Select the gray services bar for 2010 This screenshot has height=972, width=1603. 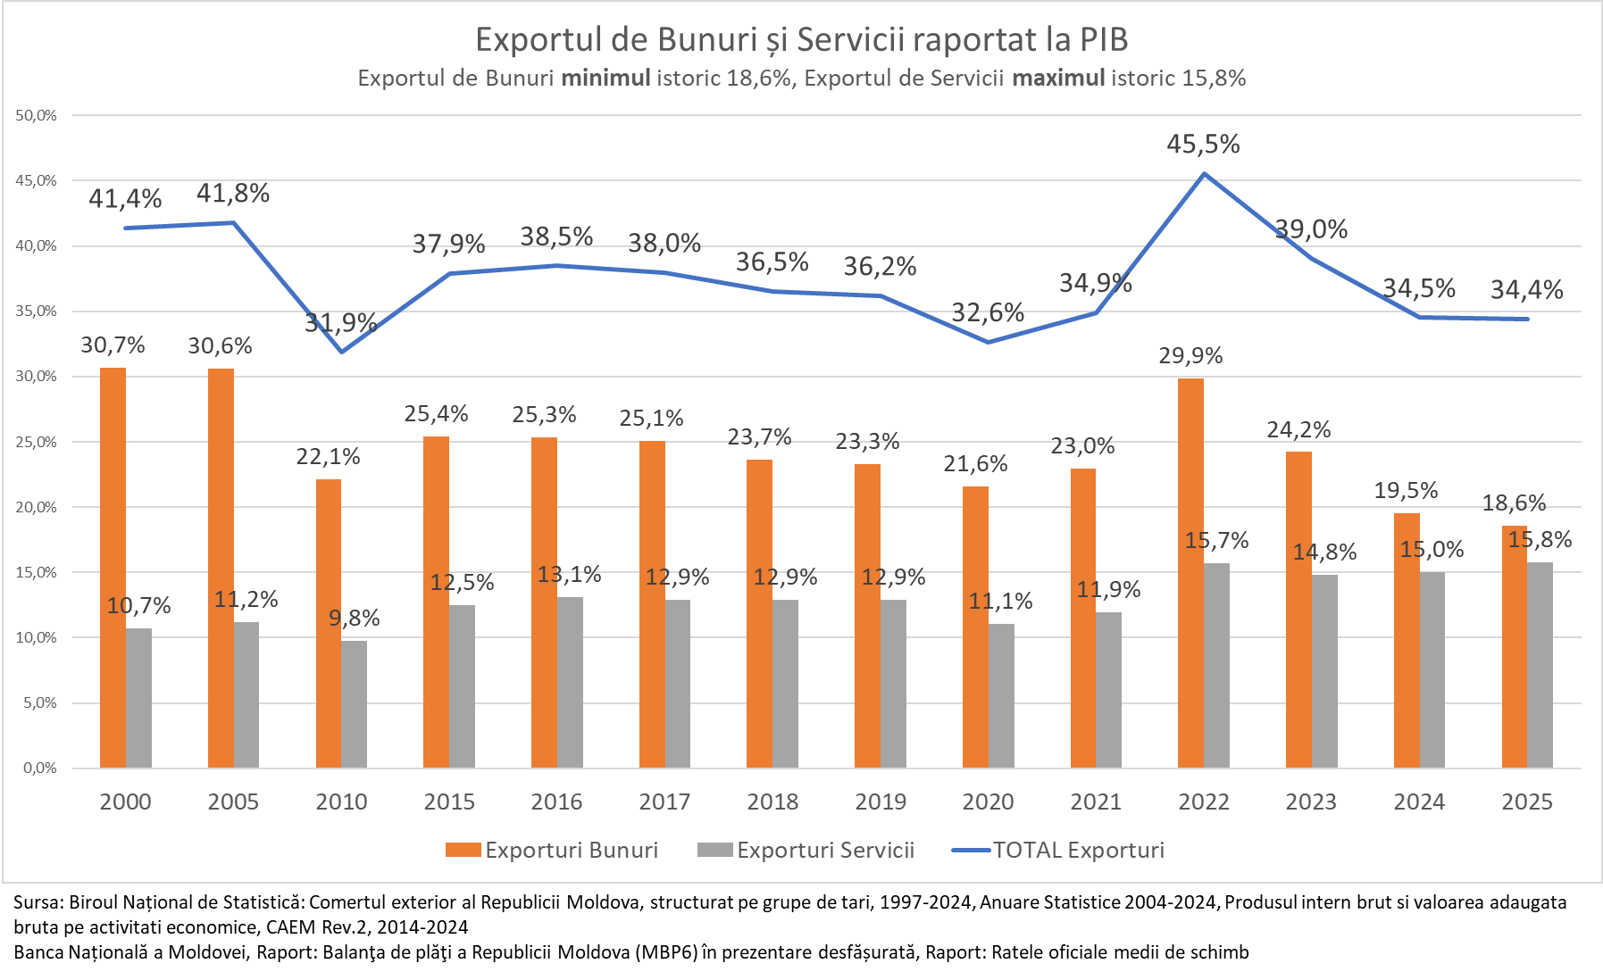tap(355, 704)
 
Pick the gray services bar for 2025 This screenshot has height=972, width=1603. tap(1540, 665)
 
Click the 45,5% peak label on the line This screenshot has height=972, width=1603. tap(1203, 145)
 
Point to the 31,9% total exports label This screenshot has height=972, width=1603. tap(340, 322)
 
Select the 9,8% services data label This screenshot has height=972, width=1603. tap(355, 618)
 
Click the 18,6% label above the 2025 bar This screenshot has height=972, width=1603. tap(1514, 503)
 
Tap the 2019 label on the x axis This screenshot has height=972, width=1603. tap(881, 802)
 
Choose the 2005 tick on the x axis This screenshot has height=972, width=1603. tap(233, 802)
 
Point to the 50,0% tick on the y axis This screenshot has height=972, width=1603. tap(36, 115)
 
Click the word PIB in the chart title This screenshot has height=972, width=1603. tap(1104, 40)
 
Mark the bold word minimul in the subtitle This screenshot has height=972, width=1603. tap(605, 79)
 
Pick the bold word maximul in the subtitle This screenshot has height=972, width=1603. tap(1058, 79)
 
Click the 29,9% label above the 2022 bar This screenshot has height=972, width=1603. tap(1190, 356)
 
